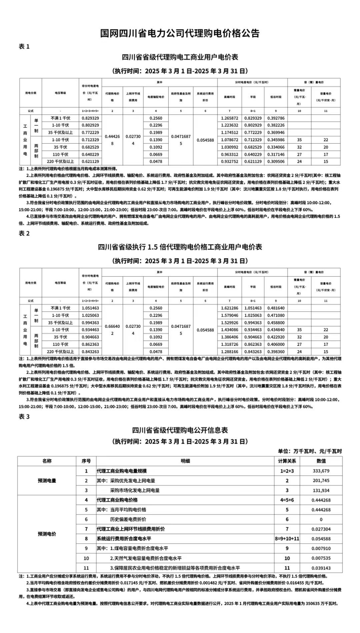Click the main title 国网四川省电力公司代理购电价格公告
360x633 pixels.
click(180, 33)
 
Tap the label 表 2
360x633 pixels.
click(24, 233)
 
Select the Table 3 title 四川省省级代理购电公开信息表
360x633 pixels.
click(180, 430)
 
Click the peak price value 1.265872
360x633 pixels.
click(229, 118)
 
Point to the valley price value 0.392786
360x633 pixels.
click(276, 118)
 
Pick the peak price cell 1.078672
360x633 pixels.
click(229, 140)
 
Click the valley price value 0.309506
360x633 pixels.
click(276, 161)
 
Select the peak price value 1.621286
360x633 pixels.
click(229, 308)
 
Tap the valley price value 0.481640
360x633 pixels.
click(276, 308)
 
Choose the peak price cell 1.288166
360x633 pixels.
click(229, 352)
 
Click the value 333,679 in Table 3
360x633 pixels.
click(321, 471)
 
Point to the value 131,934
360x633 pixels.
click(321, 490)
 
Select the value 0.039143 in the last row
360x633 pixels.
click(321, 568)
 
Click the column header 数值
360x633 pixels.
click(321, 461)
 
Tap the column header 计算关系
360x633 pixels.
click(287, 461)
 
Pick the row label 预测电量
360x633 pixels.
click(47, 481)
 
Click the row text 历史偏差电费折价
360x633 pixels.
click(128, 519)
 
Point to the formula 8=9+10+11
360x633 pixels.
click(287, 539)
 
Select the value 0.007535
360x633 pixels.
click(321, 558)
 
